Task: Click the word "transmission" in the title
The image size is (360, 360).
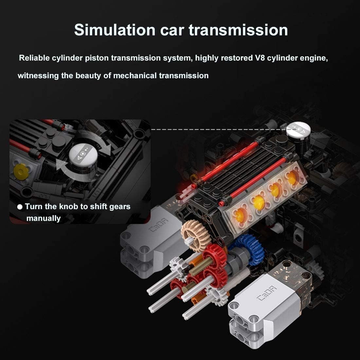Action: [x=238, y=30]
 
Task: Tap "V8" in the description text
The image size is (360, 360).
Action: [x=259, y=58]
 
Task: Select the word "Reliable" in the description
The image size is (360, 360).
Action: [x=34, y=58]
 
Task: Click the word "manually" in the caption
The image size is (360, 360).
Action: [x=44, y=218]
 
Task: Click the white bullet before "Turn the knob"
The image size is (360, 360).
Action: [x=20, y=207]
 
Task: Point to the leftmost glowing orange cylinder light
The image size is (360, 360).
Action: [x=239, y=214]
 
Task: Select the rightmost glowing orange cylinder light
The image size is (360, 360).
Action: [x=291, y=178]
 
